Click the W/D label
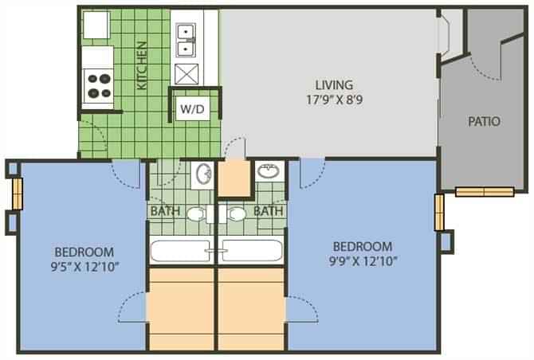point(191,109)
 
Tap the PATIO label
point(484,122)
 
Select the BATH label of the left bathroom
point(166,212)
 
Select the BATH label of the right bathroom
point(269,212)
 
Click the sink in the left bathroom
point(202,173)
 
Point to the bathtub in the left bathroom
point(182,252)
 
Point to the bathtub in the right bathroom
point(252,252)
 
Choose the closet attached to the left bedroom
point(182,309)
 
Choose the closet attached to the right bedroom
point(251,309)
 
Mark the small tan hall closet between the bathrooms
point(235,179)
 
